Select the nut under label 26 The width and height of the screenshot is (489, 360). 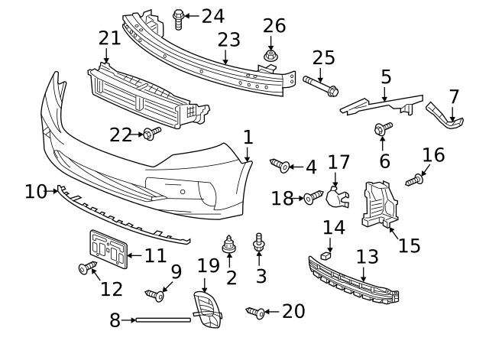tap(270, 56)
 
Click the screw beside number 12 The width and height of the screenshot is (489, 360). tap(86, 268)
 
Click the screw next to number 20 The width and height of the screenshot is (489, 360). tap(256, 312)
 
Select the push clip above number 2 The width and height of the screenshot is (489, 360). tap(228, 245)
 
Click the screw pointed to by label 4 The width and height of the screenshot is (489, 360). tap(280, 165)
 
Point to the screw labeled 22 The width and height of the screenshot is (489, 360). tap(151, 135)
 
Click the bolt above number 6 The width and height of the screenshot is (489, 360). tap(381, 129)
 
